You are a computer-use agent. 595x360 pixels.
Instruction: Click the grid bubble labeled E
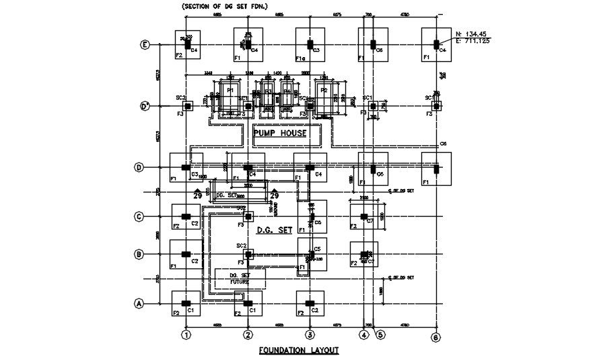click(x=144, y=45)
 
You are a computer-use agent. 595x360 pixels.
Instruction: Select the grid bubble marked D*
click(x=144, y=106)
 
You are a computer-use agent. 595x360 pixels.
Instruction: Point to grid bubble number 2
click(x=248, y=334)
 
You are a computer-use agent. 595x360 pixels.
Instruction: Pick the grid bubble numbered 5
click(x=380, y=334)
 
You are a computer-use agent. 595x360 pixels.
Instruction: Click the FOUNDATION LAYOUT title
click(x=299, y=351)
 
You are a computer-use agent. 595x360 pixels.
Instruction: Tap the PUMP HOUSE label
click(x=280, y=133)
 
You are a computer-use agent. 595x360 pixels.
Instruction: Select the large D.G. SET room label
click(x=275, y=230)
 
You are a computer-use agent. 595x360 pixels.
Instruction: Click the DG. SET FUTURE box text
click(x=240, y=279)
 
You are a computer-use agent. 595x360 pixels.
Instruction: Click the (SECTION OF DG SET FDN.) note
click(x=225, y=6)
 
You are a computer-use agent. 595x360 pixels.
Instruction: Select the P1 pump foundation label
click(x=230, y=89)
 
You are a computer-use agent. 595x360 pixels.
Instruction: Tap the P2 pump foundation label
click(x=324, y=89)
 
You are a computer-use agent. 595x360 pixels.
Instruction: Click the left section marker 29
click(x=198, y=195)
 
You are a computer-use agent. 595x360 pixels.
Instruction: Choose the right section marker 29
click(x=275, y=195)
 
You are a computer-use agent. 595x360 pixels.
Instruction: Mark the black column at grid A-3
click(x=310, y=303)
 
